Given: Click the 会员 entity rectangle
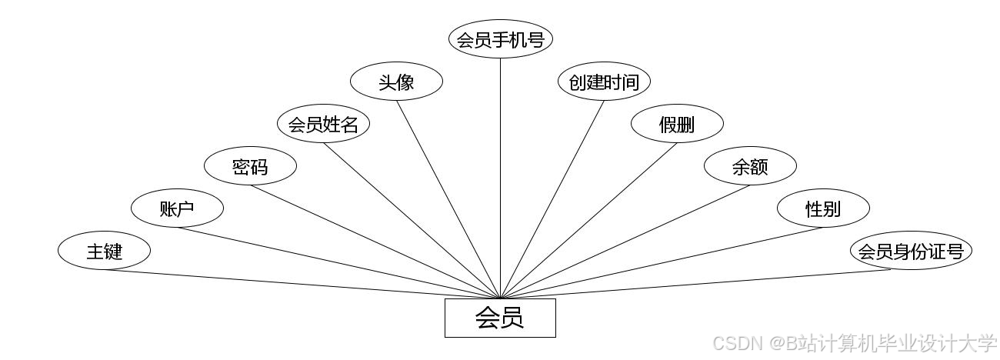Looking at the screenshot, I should pos(500,318).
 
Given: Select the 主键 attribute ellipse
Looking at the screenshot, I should pos(104,251).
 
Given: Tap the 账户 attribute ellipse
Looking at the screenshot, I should pos(177,208).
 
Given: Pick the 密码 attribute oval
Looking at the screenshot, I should pos(250,166).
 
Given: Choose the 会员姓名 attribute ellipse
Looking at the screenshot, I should pos(323,124).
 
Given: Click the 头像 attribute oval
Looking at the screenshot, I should pos(396,82).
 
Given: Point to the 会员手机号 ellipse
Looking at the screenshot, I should pos(501,39).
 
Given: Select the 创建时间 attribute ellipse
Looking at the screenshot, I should pos(604,82).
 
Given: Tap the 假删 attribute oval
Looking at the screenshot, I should pos(677,124).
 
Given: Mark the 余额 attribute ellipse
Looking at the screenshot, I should pos(750,166).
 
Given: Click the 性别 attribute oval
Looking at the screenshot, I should pos(823,208).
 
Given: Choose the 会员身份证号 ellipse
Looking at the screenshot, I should pos(911,251).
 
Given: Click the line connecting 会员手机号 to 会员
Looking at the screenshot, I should pos(501,177).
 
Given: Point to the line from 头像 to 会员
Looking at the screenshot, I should pos(448,199).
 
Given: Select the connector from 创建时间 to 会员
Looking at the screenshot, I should pos(552,199).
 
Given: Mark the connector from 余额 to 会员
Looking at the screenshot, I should pos(625,242).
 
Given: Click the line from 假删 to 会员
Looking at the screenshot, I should pos(588,221).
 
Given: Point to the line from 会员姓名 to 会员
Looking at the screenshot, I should pos(412,221).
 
